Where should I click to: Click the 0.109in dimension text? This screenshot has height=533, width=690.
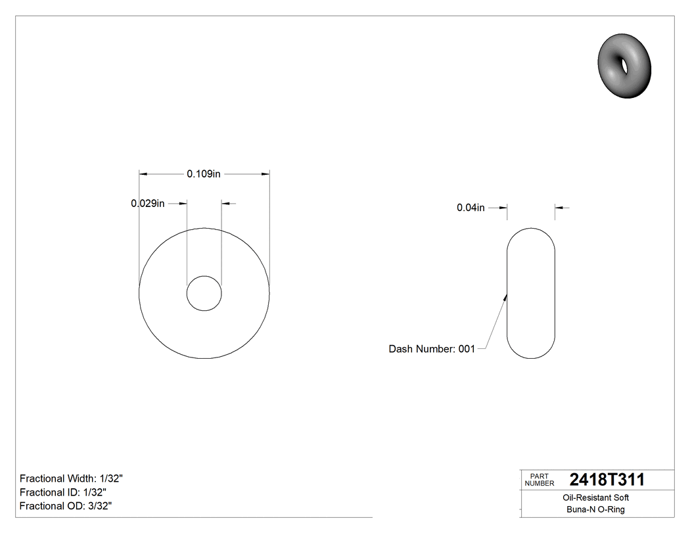coord(203,174)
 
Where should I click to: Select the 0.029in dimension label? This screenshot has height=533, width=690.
coord(148,204)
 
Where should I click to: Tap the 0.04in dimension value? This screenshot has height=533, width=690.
coord(471,208)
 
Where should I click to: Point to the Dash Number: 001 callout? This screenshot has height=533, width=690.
coord(432,349)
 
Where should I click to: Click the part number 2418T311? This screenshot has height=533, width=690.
coord(607,480)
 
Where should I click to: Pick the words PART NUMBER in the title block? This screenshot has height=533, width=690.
coord(540,480)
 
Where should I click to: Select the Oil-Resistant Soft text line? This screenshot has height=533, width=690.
coord(595,498)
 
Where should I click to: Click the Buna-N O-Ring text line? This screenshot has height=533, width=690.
coord(595,510)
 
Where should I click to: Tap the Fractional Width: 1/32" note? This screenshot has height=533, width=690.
coord(72,478)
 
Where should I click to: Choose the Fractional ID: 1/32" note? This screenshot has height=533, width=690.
coord(63,492)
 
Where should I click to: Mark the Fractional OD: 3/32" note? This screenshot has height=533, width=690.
coord(66,506)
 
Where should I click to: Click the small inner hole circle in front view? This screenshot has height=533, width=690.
coord(204,293)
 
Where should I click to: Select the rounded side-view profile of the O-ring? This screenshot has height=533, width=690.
coord(531,293)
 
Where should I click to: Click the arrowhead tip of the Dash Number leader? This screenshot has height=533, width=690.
coord(507,295)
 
